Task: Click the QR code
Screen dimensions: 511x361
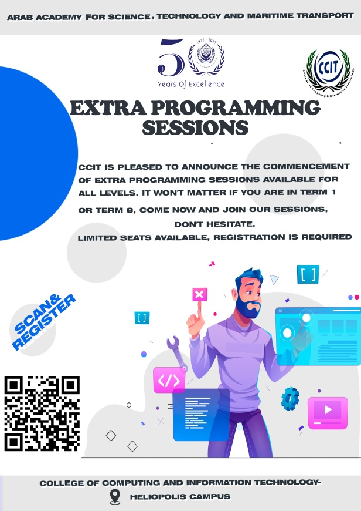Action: (x=42, y=413)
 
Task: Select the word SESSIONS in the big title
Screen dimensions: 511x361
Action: (x=196, y=127)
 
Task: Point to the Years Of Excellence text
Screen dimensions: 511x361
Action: (x=191, y=84)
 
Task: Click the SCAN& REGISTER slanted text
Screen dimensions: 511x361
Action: (x=45, y=322)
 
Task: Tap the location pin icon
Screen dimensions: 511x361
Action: (x=115, y=497)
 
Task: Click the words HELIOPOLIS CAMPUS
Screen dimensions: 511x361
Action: (x=180, y=497)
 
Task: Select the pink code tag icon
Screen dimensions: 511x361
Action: (x=169, y=381)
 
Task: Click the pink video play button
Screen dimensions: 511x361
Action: (x=328, y=409)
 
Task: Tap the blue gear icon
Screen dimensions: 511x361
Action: (x=290, y=399)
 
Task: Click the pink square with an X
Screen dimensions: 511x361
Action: (x=199, y=294)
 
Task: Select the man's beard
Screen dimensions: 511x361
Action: (x=251, y=307)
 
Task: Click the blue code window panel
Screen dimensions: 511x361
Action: (x=201, y=413)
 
